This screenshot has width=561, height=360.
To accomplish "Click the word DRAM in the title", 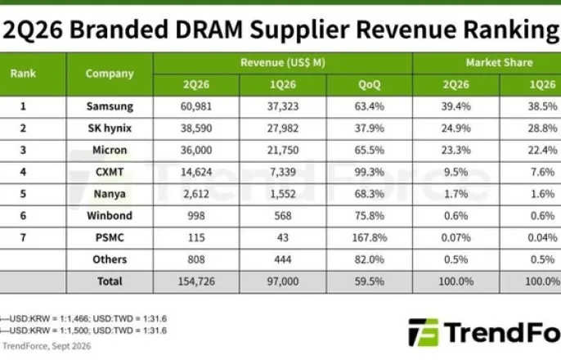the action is pyautogui.click(x=209, y=29).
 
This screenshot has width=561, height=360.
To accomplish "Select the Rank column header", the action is pyautogui.click(x=23, y=74).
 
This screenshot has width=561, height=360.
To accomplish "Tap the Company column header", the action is pyautogui.click(x=110, y=74).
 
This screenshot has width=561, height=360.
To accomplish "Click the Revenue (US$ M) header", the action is pyautogui.click(x=283, y=63).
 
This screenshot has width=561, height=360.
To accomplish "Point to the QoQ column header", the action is pyautogui.click(x=370, y=84).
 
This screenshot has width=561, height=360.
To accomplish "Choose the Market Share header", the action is pyautogui.click(x=499, y=63).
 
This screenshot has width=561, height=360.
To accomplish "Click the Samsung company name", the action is pyautogui.click(x=110, y=106).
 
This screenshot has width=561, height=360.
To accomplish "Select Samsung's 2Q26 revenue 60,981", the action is pyautogui.click(x=196, y=106).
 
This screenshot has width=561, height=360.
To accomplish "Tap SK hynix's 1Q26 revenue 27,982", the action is pyautogui.click(x=283, y=128).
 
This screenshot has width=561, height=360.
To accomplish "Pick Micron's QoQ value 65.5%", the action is pyautogui.click(x=370, y=150).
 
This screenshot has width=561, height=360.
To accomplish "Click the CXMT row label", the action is pyautogui.click(x=110, y=172).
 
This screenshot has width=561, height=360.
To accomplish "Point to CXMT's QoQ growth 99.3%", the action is pyautogui.click(x=370, y=172).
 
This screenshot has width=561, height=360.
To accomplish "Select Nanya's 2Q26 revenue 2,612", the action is pyautogui.click(x=196, y=194).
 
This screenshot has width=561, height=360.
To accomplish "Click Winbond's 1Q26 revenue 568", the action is pyautogui.click(x=283, y=215).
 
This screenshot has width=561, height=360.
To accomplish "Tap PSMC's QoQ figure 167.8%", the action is pyautogui.click(x=370, y=237).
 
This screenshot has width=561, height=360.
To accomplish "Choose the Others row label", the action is pyautogui.click(x=110, y=259).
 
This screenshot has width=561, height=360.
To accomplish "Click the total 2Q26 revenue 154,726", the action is pyautogui.click(x=196, y=281).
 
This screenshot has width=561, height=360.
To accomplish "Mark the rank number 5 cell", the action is pyautogui.click(x=23, y=194).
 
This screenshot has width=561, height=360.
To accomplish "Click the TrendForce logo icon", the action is pyautogui.click(x=424, y=332).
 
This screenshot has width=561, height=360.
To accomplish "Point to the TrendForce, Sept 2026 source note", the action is pyautogui.click(x=47, y=346).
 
